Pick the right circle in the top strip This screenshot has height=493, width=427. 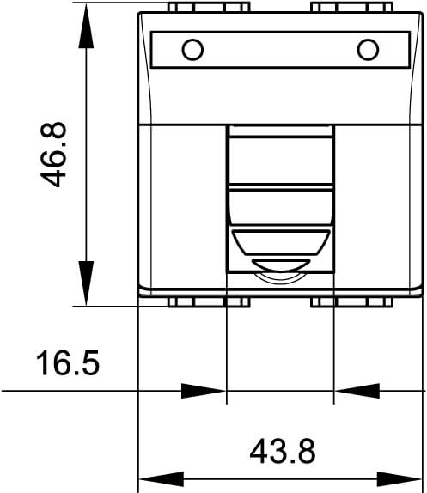pos(368,49)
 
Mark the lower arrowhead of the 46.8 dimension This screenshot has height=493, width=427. pos(85,283)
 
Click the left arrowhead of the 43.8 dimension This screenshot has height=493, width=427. pos(159,477)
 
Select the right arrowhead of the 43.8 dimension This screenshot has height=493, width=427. pos(404,477)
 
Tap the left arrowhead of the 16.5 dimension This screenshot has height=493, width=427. pos(204,391)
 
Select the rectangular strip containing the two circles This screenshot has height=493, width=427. pos(280,50)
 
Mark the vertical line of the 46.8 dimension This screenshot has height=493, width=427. pos(85,155)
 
